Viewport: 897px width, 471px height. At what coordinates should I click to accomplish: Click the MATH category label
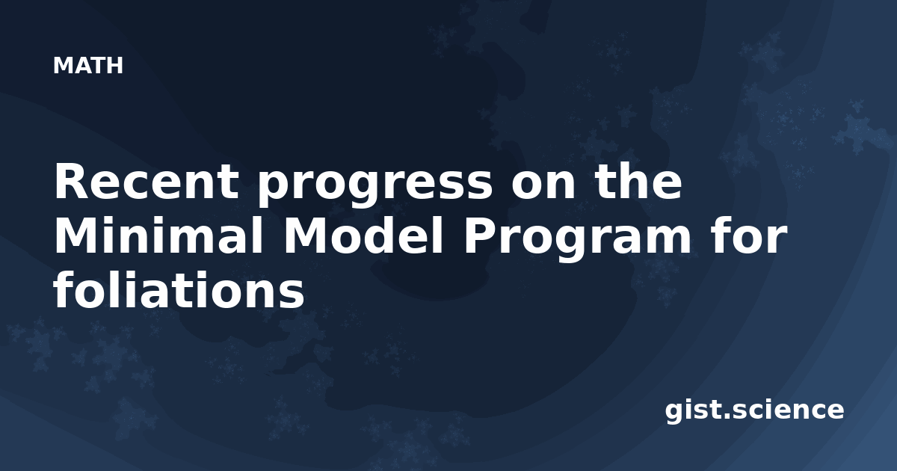[x=88, y=66]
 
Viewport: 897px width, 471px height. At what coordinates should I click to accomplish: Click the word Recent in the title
[x=147, y=182]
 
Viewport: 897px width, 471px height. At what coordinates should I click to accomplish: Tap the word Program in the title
[x=577, y=240]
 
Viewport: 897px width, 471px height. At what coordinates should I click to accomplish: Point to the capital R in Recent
[x=71, y=182]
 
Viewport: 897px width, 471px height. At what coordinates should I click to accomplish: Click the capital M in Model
[x=304, y=236]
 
